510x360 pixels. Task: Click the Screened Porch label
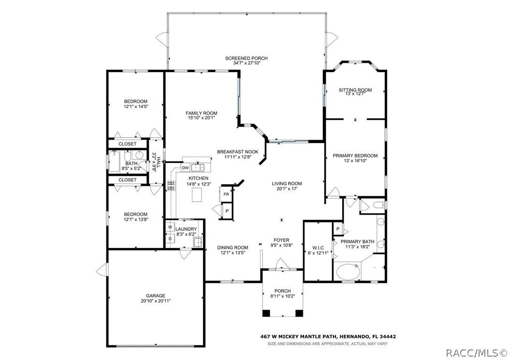click(x=246, y=58)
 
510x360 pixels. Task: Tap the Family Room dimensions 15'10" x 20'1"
click(x=202, y=118)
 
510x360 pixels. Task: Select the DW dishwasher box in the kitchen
click(x=185, y=168)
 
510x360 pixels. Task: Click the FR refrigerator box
click(x=226, y=194)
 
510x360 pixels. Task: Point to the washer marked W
click(x=170, y=227)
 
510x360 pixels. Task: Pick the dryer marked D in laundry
click(x=170, y=239)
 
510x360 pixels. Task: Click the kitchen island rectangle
click(x=196, y=195)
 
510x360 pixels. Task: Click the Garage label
click(x=156, y=296)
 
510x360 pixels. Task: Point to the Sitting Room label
click(x=355, y=90)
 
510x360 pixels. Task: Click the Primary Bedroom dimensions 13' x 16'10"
click(x=355, y=160)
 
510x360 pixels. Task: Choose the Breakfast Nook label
click(x=237, y=152)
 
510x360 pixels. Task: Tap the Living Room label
click(x=287, y=184)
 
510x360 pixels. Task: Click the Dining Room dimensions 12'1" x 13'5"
click(x=233, y=252)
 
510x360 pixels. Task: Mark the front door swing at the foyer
click(x=281, y=264)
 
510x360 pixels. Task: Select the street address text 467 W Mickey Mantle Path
click(x=300, y=337)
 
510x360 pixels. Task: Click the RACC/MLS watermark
click(x=476, y=353)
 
